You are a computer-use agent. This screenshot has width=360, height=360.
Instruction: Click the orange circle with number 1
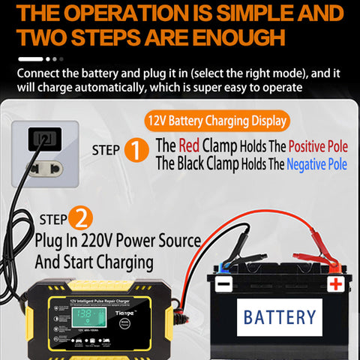tap(136, 151)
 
